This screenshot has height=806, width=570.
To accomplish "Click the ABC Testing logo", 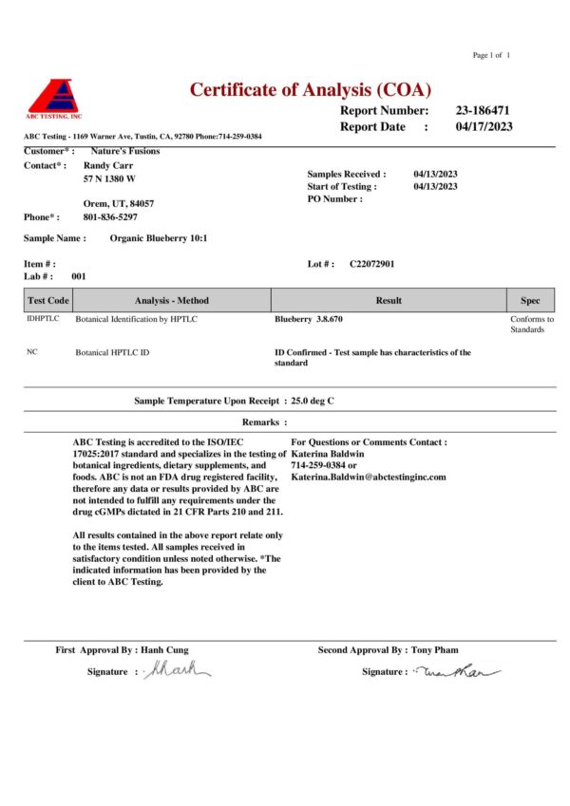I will [x=54, y=99].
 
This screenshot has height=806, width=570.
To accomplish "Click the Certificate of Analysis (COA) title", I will [x=311, y=90].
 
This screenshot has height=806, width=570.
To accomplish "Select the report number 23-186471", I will [x=489, y=110].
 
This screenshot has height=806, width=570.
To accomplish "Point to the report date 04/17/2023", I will [x=484, y=126].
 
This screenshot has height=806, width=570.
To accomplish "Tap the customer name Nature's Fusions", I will [x=124, y=151].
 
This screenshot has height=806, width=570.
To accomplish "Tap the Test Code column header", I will [x=47, y=300].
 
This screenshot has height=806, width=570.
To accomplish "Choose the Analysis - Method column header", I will [x=172, y=300].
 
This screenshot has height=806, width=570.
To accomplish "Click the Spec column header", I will [x=530, y=300].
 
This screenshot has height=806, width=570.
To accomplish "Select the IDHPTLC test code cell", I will [x=44, y=319].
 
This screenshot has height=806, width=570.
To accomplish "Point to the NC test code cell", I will [x=32, y=352].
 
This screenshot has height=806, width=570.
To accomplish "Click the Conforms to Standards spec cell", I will [x=531, y=325].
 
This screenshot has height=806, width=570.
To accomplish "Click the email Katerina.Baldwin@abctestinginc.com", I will [x=368, y=477].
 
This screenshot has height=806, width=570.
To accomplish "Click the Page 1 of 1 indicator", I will [x=492, y=55].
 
